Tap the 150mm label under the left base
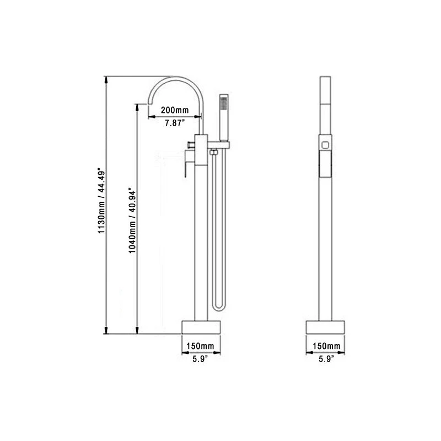(x=201, y=346)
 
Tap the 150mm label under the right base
(x=326, y=346)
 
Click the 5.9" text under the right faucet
(x=326, y=359)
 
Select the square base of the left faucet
(x=201, y=326)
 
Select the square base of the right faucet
(x=326, y=326)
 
